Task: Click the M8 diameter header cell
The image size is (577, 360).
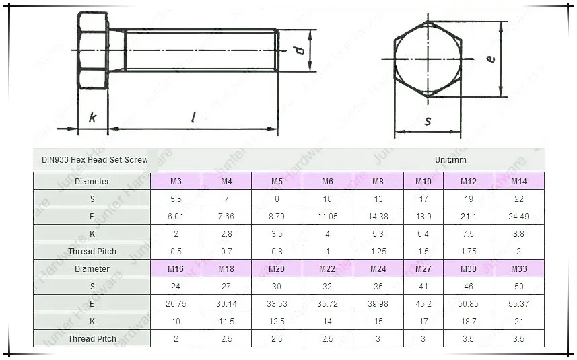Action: (378, 181)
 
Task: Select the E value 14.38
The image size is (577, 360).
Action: (378, 217)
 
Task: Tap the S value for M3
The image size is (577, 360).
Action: (176, 199)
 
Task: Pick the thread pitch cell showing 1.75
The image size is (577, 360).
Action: (469, 252)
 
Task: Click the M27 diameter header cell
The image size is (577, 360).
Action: (423, 268)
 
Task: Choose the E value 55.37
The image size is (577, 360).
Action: (518, 304)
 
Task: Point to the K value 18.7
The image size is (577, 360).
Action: (469, 322)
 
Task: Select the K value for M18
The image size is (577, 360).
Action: (226, 322)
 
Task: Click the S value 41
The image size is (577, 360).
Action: (423, 287)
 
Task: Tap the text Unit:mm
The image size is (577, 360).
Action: (450, 160)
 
